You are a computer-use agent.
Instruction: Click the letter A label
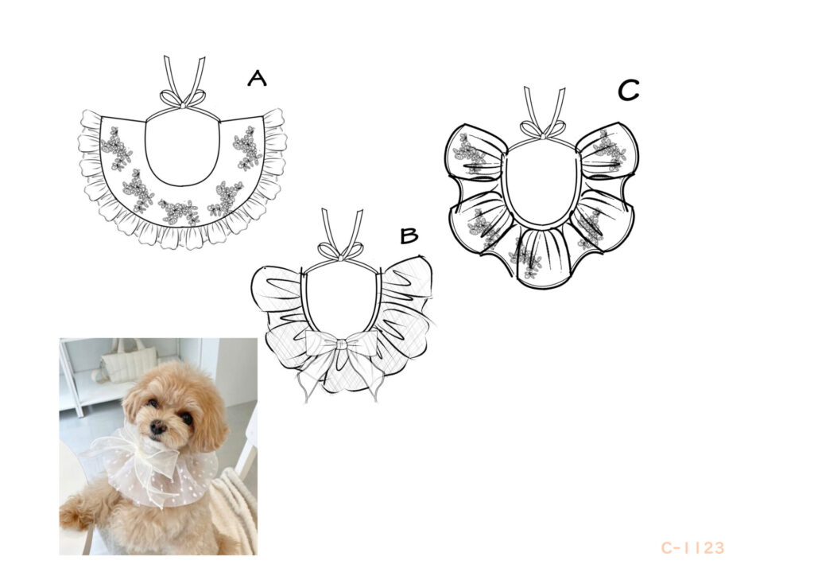point(257,79)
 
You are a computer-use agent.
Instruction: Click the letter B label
point(409,235)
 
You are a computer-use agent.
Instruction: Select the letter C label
point(628,91)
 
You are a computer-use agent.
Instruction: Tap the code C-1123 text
point(692,547)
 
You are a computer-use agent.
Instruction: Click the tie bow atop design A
point(182,99)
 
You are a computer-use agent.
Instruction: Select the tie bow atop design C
point(543,130)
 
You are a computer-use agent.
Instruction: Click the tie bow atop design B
point(341,251)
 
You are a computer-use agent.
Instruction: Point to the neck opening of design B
point(341,302)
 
